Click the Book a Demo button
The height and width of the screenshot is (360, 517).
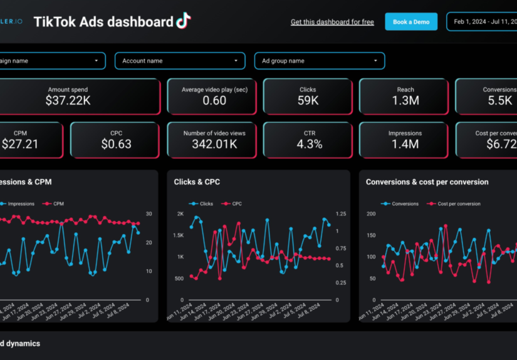(411, 22)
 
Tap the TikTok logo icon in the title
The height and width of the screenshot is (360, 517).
(183, 21)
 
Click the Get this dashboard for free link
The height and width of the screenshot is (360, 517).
(332, 22)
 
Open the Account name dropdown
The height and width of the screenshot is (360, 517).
(180, 61)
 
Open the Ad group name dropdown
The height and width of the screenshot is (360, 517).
(320, 61)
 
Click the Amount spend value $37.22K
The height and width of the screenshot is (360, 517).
(68, 100)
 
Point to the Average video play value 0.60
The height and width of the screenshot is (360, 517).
(214, 100)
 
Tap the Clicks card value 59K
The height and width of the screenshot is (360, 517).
(308, 100)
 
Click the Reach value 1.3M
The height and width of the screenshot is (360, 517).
(405, 100)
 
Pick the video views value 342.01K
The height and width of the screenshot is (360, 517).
(214, 144)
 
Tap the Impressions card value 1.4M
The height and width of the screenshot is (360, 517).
(405, 144)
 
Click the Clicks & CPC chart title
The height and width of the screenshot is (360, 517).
(197, 182)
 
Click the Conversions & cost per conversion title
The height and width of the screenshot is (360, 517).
(427, 182)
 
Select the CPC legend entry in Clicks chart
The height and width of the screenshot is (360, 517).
(236, 203)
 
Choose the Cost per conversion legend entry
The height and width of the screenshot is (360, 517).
(459, 203)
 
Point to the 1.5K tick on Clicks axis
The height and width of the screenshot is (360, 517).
(178, 235)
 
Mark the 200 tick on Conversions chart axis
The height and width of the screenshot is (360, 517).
(370, 214)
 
